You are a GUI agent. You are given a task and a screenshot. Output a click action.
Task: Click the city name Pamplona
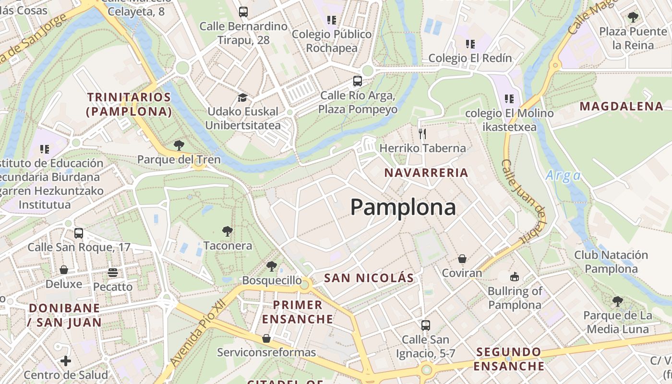pos(403,207)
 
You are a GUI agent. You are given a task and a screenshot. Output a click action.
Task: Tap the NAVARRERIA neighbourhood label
pos(426,173)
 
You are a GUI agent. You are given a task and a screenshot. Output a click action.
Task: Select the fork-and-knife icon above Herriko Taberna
pos(422,133)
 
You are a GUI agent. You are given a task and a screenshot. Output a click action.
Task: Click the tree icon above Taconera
pos(228,232)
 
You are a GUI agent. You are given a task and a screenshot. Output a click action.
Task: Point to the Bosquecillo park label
pos(272,280)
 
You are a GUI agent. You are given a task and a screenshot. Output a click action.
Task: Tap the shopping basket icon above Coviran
pos(462,259)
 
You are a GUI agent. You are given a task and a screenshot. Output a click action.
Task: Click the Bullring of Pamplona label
pos(515,298)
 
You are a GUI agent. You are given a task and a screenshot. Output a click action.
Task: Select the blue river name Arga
pos(563,176)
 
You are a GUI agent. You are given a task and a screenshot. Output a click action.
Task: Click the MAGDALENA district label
pos(622,106)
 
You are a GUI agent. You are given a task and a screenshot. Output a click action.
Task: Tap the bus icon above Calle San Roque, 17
pos(78,233)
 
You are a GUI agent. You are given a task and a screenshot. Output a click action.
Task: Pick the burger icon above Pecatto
pos(113,273)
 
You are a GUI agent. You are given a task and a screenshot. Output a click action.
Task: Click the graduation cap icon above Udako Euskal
pos(242,97)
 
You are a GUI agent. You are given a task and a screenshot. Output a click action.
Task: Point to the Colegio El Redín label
pos(470,58)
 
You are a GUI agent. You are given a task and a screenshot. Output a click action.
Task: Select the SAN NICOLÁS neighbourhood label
pos(369,278)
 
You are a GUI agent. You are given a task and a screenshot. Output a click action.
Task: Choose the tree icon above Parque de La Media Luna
pos(618,301)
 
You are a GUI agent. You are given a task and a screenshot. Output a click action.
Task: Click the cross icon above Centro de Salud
pos(66,360)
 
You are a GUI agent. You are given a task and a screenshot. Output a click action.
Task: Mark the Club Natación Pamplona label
pos(611,262)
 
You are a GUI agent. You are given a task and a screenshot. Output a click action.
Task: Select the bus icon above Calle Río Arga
pos(357,81)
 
